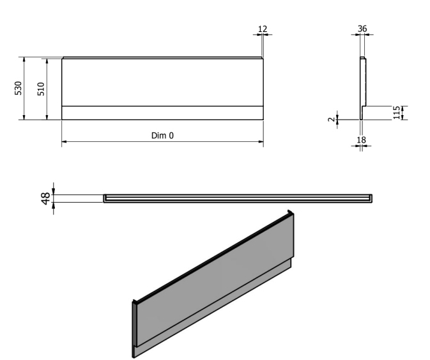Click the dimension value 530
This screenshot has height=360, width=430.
point(18,88)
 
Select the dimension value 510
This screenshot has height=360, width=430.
point(41,88)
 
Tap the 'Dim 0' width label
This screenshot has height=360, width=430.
point(162,135)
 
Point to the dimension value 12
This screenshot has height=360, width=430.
point(262,29)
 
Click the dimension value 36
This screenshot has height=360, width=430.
point(362,29)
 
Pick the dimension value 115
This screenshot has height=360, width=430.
point(397,113)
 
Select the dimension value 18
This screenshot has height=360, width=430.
point(361,139)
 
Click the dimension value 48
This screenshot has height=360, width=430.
point(45,198)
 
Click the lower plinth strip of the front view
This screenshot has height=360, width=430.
point(162,113)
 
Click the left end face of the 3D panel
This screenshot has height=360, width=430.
point(134,326)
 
